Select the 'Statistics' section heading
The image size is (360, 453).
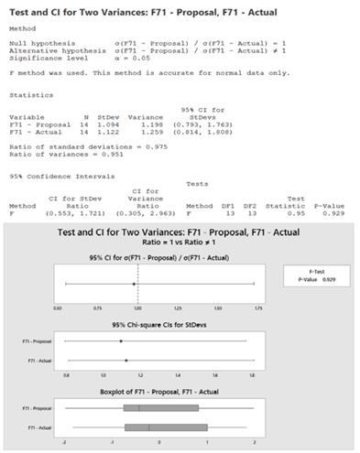26,93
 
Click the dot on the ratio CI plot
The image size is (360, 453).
134,284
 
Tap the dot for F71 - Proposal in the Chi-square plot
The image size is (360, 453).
120,341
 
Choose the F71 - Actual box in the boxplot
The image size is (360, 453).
165,426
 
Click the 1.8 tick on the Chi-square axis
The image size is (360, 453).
252,375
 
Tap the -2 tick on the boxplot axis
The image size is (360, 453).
64,441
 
